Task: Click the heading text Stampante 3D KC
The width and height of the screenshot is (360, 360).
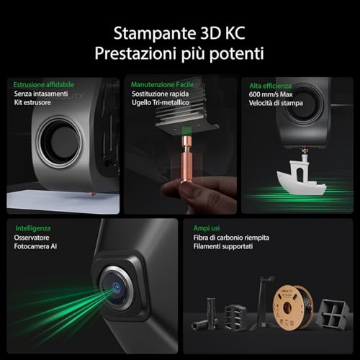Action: point(179,33)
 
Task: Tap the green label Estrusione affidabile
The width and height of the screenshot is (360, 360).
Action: point(44,84)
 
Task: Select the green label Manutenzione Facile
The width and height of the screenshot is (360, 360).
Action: point(162,84)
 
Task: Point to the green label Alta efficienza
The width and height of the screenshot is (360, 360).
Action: point(270,86)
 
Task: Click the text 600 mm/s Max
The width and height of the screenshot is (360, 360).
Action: point(271,94)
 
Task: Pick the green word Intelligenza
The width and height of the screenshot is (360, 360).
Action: point(33,228)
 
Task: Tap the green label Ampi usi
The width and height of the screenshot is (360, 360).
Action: point(207,228)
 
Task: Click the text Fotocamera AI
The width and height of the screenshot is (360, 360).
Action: point(35,246)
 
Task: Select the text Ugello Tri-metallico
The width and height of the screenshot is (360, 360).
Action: point(161,102)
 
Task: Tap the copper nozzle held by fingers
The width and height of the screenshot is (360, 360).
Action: point(186,160)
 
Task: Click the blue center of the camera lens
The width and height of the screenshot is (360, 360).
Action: point(117,287)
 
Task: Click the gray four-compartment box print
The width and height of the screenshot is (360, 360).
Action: point(333,313)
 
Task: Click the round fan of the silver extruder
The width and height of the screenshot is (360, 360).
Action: point(59,142)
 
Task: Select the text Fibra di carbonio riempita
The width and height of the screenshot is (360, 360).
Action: point(231,238)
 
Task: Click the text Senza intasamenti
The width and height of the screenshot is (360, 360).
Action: point(41,94)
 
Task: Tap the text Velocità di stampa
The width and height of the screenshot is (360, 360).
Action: point(276,103)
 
